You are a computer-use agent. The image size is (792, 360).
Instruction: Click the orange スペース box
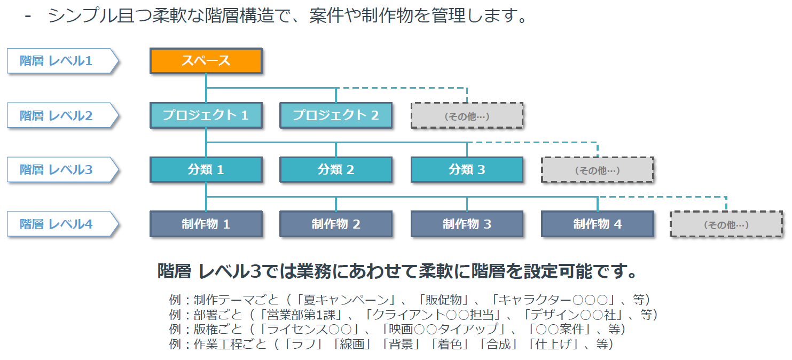click(x=206, y=61)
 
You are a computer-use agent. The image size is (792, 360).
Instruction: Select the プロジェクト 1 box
click(x=206, y=115)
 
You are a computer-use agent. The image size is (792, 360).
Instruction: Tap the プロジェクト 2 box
click(x=336, y=115)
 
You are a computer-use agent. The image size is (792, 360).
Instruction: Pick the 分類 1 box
click(x=206, y=170)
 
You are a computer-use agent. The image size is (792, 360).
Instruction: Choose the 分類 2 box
click(x=336, y=170)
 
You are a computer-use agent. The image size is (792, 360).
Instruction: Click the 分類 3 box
click(x=467, y=170)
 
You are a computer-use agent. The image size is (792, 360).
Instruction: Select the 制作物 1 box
click(x=206, y=224)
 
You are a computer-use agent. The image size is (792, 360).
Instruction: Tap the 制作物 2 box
click(x=336, y=224)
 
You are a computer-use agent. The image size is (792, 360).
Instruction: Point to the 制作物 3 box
click(x=467, y=224)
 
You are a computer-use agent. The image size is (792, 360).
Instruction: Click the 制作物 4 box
click(x=598, y=224)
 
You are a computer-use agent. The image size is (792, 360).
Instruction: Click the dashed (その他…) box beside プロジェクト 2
click(x=467, y=116)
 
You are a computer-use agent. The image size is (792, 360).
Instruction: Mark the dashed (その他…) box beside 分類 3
click(x=598, y=170)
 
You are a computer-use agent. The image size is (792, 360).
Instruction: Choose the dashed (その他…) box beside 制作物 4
click(x=726, y=224)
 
